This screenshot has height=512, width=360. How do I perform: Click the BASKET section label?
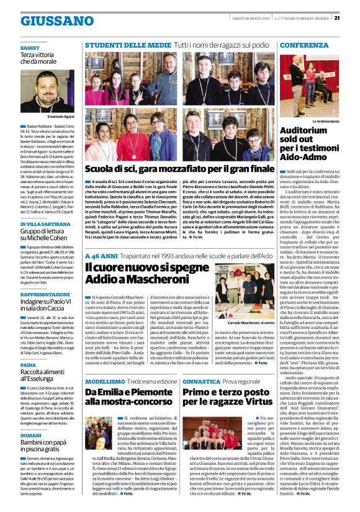[29, 47]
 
